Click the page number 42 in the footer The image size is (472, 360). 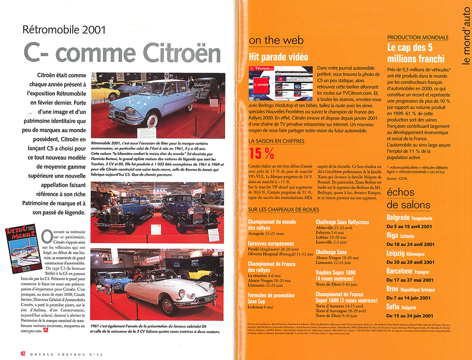click(23, 353)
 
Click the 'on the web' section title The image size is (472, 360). click(276, 41)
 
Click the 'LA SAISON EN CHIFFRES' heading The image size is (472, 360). click(277, 141)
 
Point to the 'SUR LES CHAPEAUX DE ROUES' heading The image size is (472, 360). click(284, 209)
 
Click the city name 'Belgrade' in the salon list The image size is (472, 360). click(398, 218)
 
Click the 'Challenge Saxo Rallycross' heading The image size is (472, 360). click(342, 222)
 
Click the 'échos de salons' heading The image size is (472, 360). click(408, 198)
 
